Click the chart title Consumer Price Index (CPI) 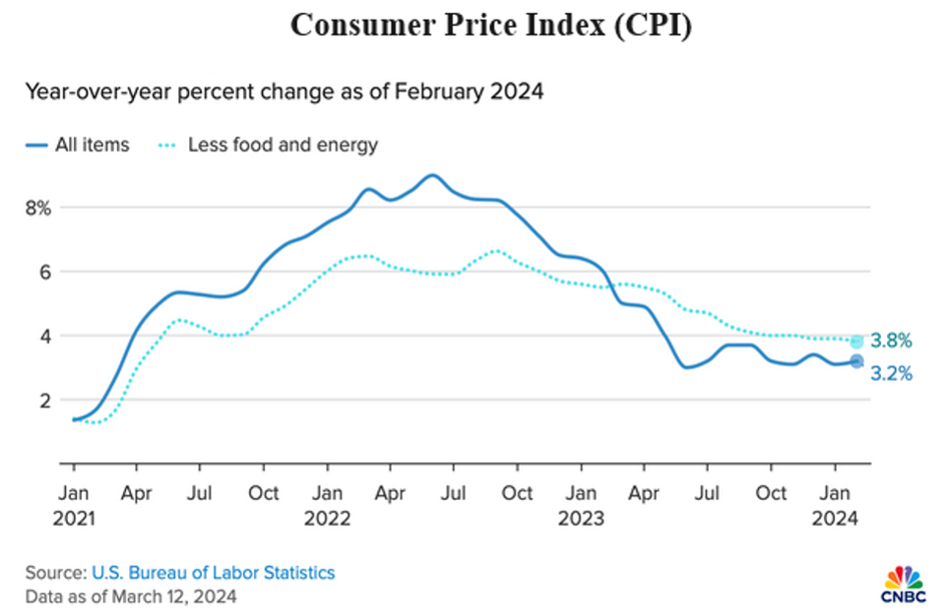click(490, 27)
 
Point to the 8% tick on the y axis click(37, 208)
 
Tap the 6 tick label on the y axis click(44, 272)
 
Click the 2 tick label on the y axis click(44, 400)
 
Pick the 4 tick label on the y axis click(44, 336)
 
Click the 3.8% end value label click(892, 341)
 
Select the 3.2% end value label click(892, 374)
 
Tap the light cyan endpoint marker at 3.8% click(857, 341)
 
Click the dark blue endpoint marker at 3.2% click(857, 362)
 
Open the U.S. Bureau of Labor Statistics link click(214, 573)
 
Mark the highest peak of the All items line click(432, 175)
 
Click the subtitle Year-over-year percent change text click(284, 92)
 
